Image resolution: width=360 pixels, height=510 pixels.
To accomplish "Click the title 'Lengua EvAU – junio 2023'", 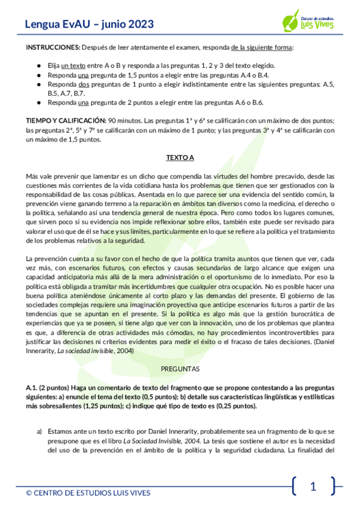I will [x=89, y=25].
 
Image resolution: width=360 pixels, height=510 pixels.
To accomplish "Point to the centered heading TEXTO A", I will [x=180, y=158].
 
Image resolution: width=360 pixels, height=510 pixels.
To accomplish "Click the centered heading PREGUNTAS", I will [x=180, y=367].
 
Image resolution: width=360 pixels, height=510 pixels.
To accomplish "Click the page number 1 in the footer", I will [x=313, y=487].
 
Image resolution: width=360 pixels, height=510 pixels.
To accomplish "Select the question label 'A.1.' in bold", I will [x=32, y=389].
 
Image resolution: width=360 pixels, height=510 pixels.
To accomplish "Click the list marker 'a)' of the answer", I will [x=40, y=431].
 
